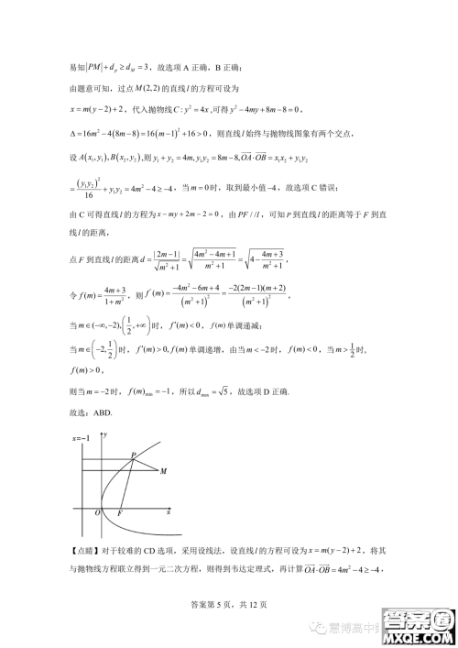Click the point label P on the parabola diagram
coord(134,455)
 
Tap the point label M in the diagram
coord(163,471)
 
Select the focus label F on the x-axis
coord(120,513)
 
